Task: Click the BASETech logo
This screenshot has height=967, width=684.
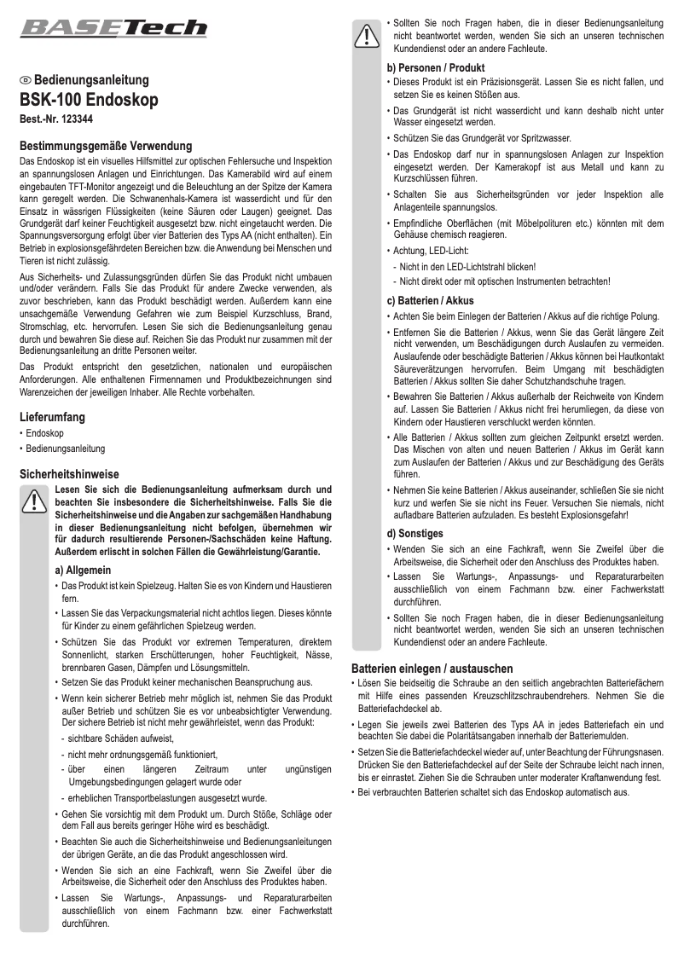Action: (x=113, y=28)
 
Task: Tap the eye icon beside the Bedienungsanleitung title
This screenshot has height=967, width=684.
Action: (x=26, y=80)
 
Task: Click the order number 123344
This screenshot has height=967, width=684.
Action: (x=78, y=120)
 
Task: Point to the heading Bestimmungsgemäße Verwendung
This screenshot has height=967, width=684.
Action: (x=106, y=147)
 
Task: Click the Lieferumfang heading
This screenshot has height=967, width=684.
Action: (x=52, y=418)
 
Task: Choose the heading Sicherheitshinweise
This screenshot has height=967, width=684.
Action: (x=69, y=474)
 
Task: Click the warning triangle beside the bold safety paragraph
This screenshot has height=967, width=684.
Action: (x=34, y=501)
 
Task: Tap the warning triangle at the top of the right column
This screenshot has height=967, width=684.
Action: (x=367, y=35)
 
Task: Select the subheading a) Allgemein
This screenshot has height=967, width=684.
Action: (x=84, y=570)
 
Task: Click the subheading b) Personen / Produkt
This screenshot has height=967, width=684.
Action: (x=436, y=67)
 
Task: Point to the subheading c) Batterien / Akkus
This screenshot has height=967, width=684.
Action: (x=430, y=301)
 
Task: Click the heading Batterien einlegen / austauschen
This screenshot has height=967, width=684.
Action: (x=444, y=669)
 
